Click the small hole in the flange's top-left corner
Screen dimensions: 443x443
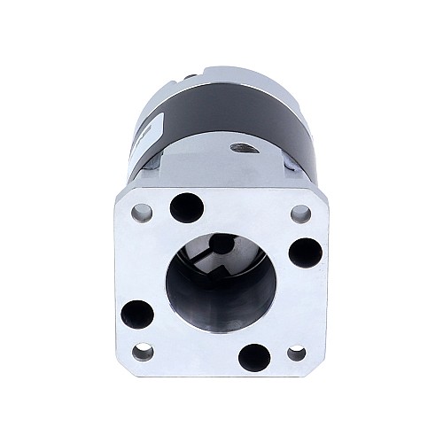[142, 213]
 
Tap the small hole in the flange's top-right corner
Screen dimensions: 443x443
[300, 214]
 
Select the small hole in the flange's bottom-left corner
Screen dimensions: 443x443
[142, 352]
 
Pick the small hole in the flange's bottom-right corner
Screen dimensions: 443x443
[297, 354]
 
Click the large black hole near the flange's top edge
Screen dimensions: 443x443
[187, 208]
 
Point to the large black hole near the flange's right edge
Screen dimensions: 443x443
[305, 253]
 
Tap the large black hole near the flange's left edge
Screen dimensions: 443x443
[136, 313]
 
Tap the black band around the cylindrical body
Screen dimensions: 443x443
[221, 115]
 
